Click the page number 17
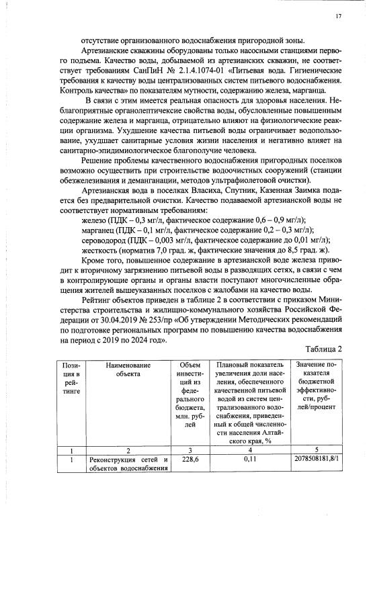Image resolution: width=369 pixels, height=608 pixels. [x=337, y=15]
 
